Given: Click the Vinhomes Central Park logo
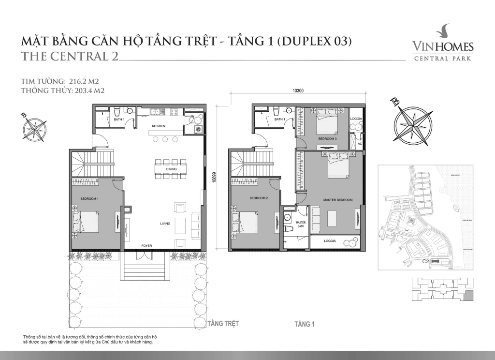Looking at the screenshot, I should (442, 45).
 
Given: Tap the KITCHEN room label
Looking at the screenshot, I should (159, 126).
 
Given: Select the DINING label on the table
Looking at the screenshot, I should (171, 169).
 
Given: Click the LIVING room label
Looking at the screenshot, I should (166, 224).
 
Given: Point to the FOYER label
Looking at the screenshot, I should (146, 246).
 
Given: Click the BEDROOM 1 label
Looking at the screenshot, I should (89, 199).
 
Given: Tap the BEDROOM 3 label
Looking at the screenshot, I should (327, 138).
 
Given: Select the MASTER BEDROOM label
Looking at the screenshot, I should (337, 199).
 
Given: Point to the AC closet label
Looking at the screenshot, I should (359, 144).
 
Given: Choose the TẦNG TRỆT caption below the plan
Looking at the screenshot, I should (222, 323).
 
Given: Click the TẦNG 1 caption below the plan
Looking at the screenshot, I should (305, 324).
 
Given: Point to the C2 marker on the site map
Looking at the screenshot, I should (426, 262).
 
